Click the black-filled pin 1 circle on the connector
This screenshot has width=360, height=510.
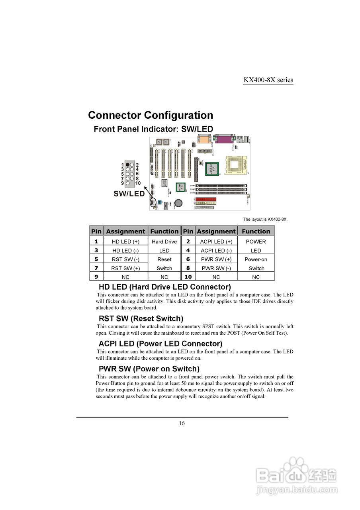pyautogui.click(x=127, y=165)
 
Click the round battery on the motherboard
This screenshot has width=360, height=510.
pyautogui.click(x=179, y=203)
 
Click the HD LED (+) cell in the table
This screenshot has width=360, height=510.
pyautogui.click(x=125, y=241)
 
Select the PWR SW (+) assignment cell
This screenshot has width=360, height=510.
pyautogui.click(x=216, y=259)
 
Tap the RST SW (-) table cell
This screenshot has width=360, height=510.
pyautogui.click(x=125, y=259)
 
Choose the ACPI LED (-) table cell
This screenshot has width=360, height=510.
pyautogui.click(x=216, y=251)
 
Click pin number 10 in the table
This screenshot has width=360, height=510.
pyautogui.click(x=188, y=277)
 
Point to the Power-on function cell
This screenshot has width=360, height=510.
pyautogui.click(x=256, y=259)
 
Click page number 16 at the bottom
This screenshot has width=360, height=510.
pyautogui.click(x=182, y=423)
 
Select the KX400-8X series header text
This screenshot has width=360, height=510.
pyautogui.click(x=268, y=80)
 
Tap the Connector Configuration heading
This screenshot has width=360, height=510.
pyautogui.click(x=151, y=115)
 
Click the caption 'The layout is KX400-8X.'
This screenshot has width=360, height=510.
pyautogui.click(x=265, y=219)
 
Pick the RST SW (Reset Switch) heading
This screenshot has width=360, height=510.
pyautogui.click(x=141, y=318)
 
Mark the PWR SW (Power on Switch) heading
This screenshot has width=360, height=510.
pyautogui.click(x=149, y=369)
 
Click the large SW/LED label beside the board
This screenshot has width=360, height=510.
pyautogui.click(x=129, y=194)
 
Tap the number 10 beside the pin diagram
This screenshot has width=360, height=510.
pyautogui.click(x=138, y=183)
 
